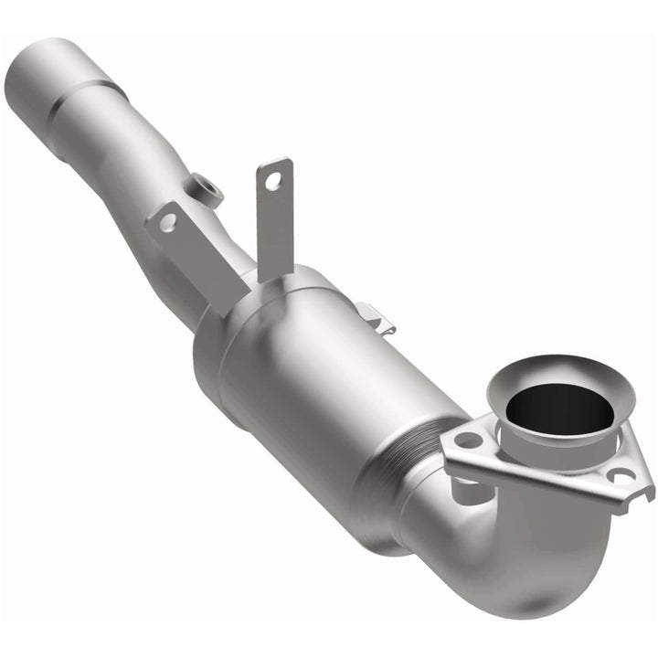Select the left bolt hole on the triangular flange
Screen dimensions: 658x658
click(469, 440)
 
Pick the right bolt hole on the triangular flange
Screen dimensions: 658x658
click(621, 475)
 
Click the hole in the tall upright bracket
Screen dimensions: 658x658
click(273, 181)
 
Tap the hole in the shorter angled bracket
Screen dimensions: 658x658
click(166, 222)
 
